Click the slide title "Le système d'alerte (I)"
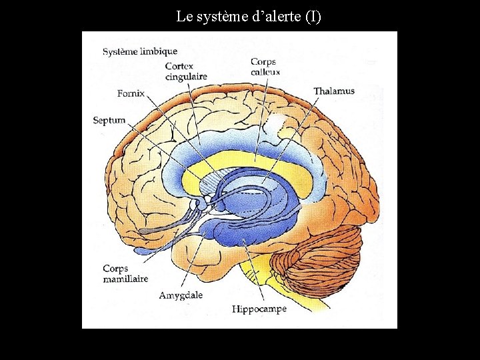(x=248, y=16)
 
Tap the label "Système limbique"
(x=140, y=51)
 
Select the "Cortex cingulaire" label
(x=186, y=71)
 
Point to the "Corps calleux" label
(x=265, y=67)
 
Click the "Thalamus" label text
(x=333, y=91)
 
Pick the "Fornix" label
(x=131, y=93)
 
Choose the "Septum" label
(x=109, y=121)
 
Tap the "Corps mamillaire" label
(x=125, y=274)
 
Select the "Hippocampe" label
(x=259, y=309)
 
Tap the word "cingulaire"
(x=186, y=77)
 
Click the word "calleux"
(x=266, y=72)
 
